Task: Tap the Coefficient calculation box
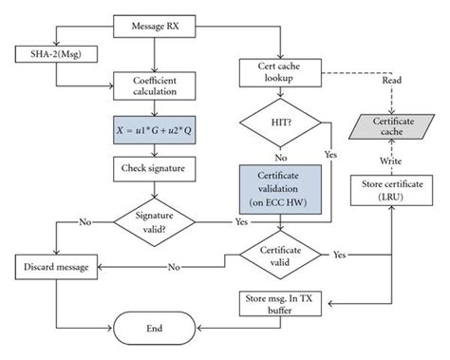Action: [x=154, y=86]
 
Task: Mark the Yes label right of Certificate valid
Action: [x=340, y=255]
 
